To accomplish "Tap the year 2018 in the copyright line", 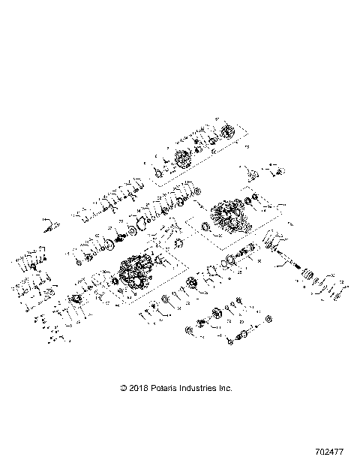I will [x=140, y=388].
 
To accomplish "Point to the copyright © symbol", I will [x=124, y=388].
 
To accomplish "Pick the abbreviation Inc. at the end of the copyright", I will [x=226, y=388].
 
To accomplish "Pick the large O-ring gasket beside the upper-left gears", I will [x=138, y=229].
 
